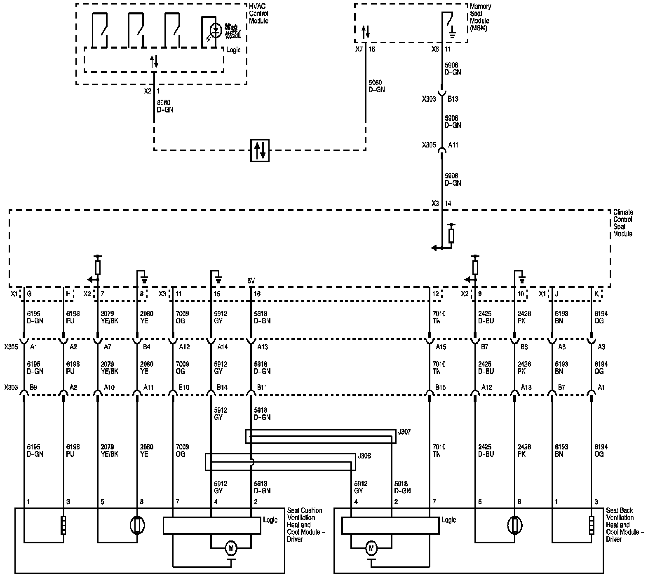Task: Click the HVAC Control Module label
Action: pos(258,14)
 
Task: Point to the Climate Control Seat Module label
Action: pos(622,223)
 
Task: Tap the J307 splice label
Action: pos(404,432)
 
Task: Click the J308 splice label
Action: pos(364,456)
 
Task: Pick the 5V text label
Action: pos(251,281)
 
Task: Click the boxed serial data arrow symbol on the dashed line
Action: pos(260,150)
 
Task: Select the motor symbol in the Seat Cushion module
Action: pos(231,548)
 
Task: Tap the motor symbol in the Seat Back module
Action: pos(371,548)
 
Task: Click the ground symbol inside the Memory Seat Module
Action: pos(452,33)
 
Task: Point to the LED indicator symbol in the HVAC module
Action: pos(215,30)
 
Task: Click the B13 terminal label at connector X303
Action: pos(453,99)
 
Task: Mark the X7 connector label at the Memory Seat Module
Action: pos(359,49)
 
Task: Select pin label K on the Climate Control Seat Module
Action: pos(596,294)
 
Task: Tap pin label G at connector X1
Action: pos(29,294)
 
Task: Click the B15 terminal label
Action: pos(441,388)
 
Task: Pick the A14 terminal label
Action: pos(223,347)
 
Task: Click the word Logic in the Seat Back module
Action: pos(449,520)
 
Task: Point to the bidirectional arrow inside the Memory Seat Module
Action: pos(365,32)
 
